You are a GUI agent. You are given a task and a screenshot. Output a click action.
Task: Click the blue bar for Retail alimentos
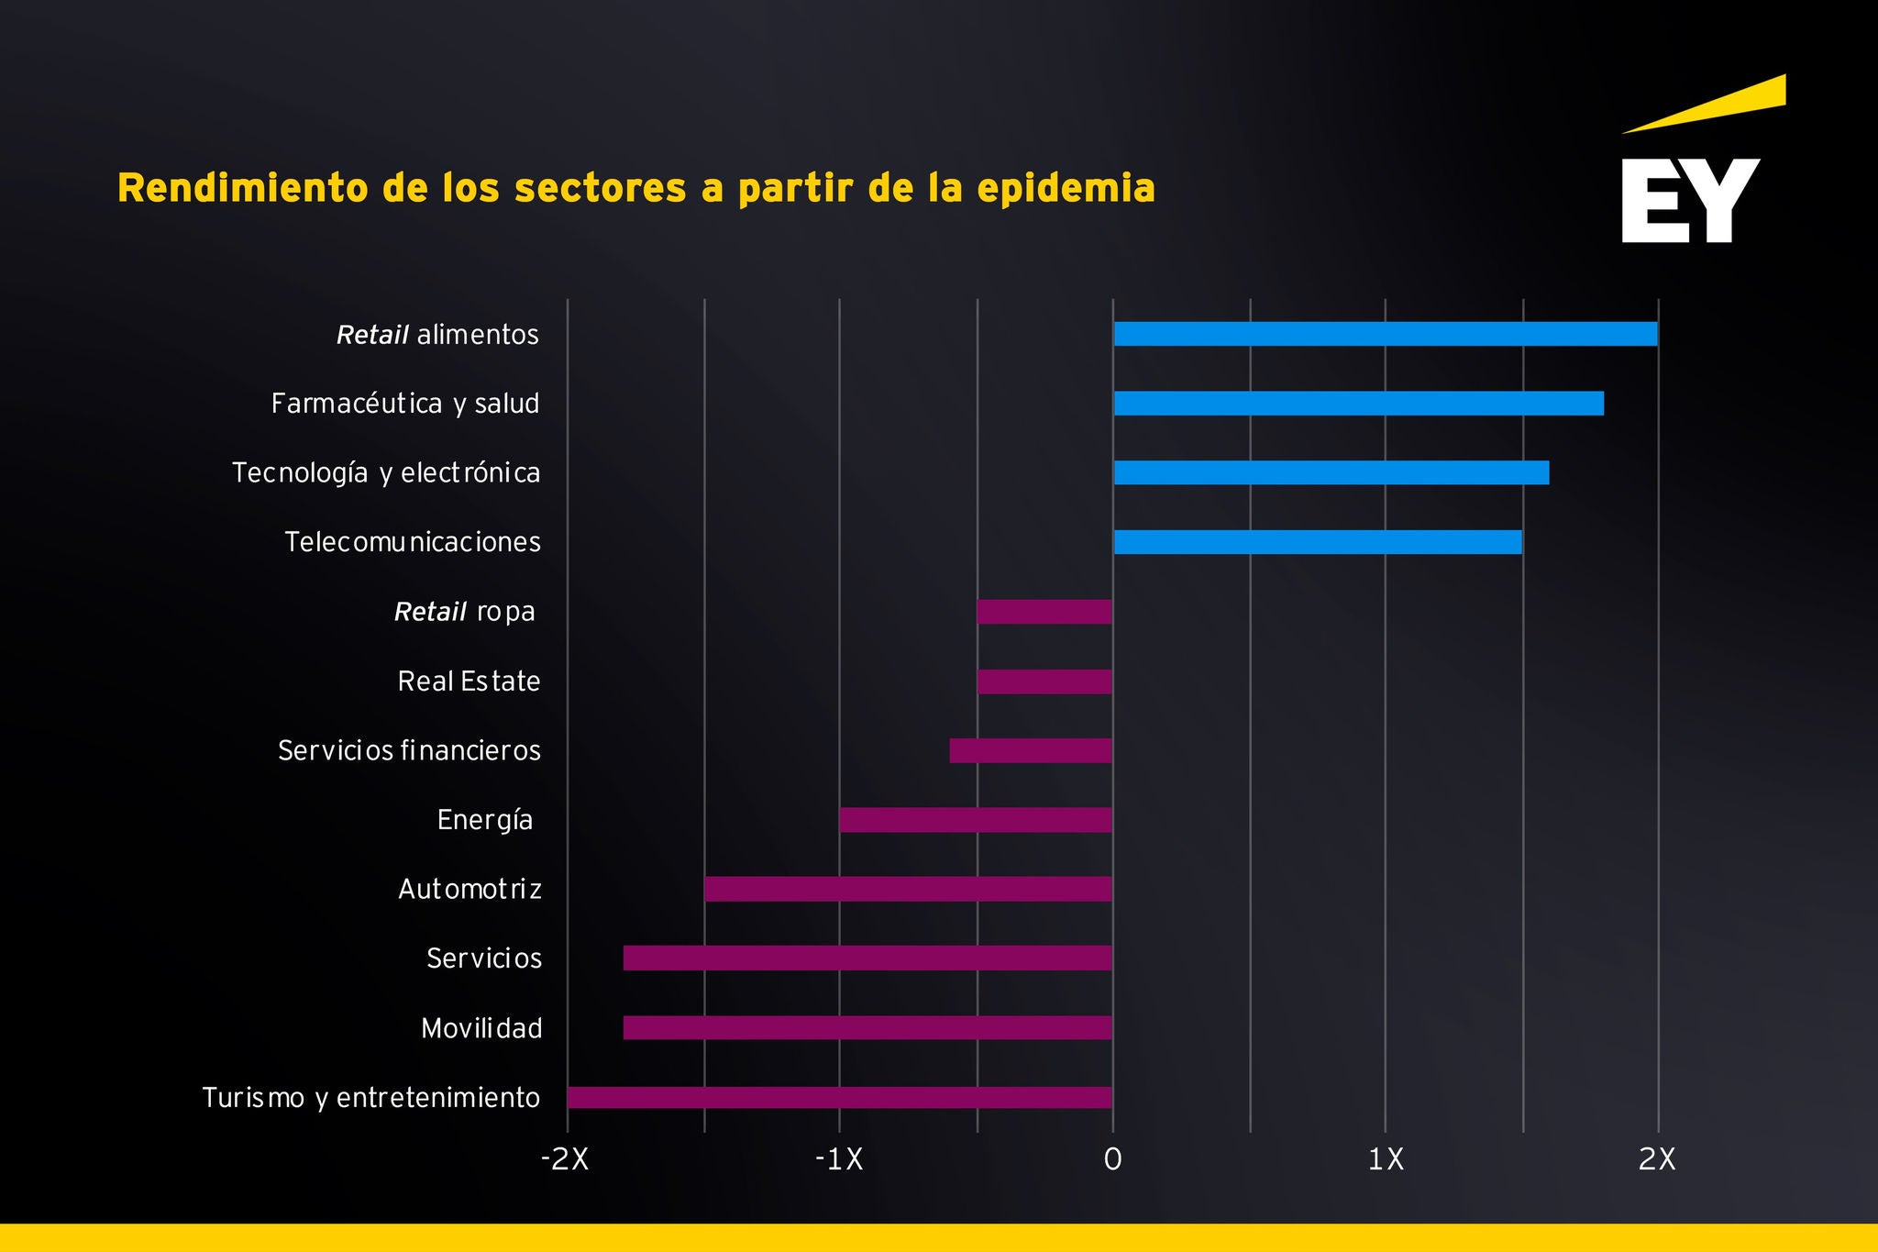point(1385,334)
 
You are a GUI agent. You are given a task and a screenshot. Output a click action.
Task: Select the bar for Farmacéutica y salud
point(1358,404)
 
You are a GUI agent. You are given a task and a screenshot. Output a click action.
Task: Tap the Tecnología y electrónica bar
point(1331,472)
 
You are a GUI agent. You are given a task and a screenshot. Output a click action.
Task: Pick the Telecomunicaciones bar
point(1317,542)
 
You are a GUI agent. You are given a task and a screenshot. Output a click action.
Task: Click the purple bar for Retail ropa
point(1044,612)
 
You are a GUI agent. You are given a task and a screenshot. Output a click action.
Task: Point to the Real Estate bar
point(1044,681)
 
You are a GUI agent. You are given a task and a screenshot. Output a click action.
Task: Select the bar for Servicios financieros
point(1031,750)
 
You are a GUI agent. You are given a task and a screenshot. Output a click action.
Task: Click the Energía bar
point(976,820)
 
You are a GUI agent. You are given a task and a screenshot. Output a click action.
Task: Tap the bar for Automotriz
point(908,889)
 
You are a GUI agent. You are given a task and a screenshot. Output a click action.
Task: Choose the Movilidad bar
point(867,1027)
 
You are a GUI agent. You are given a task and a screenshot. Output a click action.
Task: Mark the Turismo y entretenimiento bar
point(840,1097)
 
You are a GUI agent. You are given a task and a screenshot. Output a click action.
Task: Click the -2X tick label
point(565,1160)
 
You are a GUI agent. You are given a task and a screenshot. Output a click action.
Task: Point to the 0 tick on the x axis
point(1112,1160)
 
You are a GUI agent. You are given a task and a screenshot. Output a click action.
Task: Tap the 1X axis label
point(1386,1160)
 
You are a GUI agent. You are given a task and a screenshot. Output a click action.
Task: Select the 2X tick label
point(1657,1160)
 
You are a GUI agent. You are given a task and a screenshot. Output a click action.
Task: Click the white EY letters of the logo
point(1690,201)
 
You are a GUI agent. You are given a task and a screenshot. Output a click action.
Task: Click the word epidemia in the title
point(1066,188)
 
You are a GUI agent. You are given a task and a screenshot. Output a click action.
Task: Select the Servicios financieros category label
point(409,750)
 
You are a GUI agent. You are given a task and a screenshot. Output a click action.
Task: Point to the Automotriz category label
point(469,889)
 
